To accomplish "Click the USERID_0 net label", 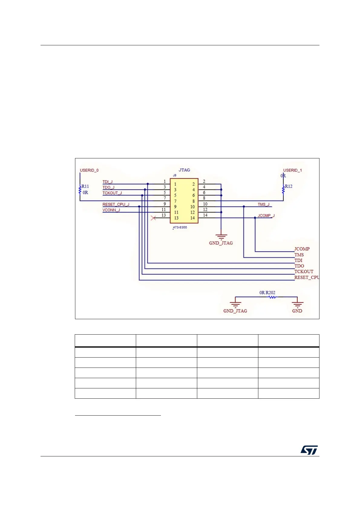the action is pos(89,170).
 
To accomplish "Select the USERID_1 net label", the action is pos(292,170).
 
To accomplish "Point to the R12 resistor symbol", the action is pos(283,189).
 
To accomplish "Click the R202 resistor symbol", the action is pos(273,297).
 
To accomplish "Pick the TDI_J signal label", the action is pos(107,182).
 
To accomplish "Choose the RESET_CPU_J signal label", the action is pos(116,205).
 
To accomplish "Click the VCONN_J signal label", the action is pos(111,210).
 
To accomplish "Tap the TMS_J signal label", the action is pos(263,205).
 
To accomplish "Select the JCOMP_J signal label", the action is pos(266,216).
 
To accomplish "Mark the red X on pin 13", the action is pos(153,218).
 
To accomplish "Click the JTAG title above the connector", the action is pos(184,170).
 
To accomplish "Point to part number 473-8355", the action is pos(180,227).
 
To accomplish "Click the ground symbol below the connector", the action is pos(221,237).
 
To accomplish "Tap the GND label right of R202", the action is pos(297,311).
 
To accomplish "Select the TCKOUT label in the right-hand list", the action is pos(304,272).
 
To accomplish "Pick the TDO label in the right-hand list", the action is pos(299,266).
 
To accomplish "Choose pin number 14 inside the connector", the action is pos(192,218).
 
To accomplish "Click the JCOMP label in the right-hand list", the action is pos(302,249).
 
